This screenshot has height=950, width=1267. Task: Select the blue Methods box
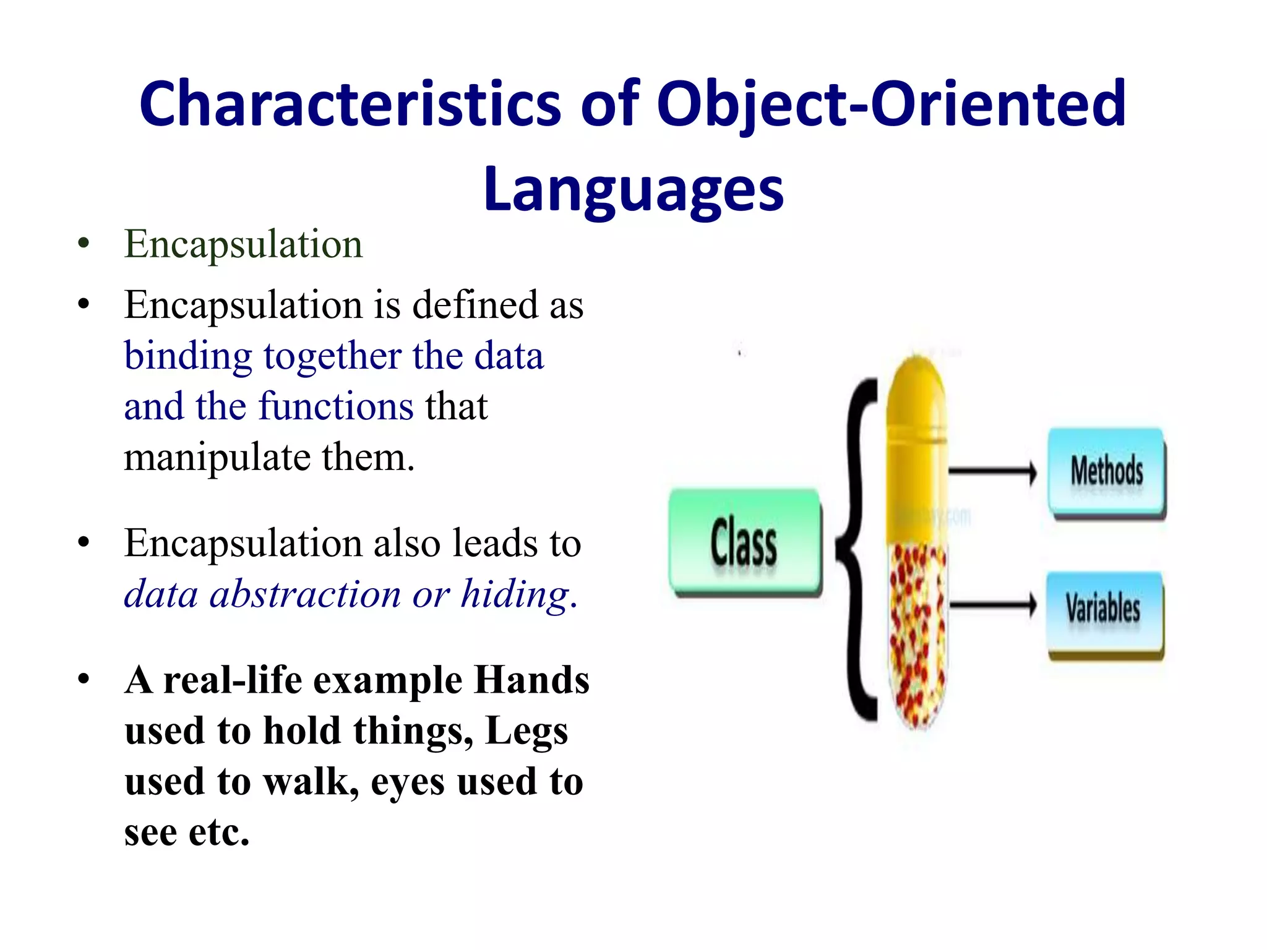coord(1106,472)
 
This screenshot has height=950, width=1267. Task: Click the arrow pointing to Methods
coord(992,472)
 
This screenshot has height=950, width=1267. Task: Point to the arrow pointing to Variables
coord(992,606)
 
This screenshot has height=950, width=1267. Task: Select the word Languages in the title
coord(633,189)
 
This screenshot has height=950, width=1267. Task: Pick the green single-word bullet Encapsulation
coord(243,244)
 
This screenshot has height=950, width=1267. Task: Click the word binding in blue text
coord(187,357)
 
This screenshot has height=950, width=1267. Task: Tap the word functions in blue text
coord(336,408)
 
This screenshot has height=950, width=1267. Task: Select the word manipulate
coord(217,458)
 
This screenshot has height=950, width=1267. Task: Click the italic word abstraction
coord(305,595)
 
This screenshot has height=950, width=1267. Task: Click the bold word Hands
coord(531,680)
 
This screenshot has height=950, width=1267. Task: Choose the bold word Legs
coord(526,731)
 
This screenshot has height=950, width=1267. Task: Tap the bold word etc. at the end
coord(219,832)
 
